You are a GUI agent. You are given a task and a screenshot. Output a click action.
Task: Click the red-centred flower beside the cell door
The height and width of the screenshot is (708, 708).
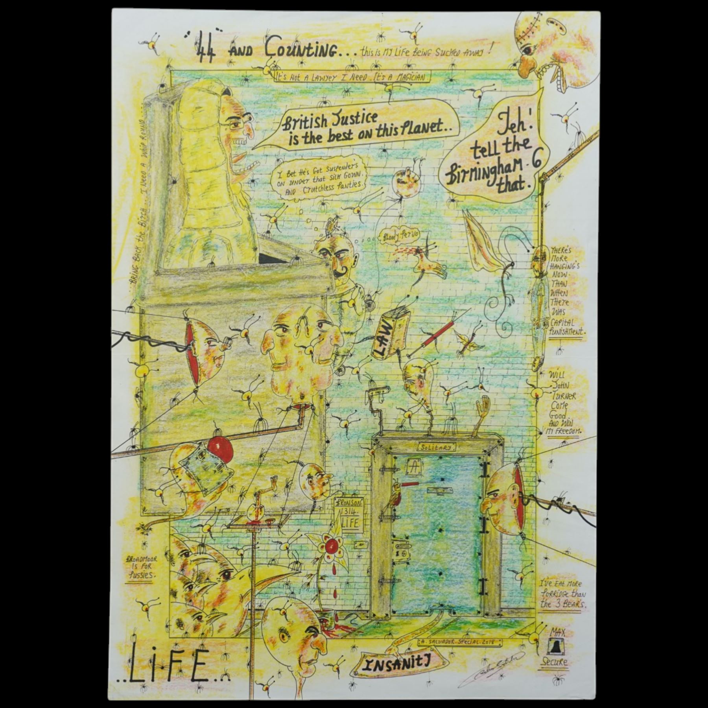331,548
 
